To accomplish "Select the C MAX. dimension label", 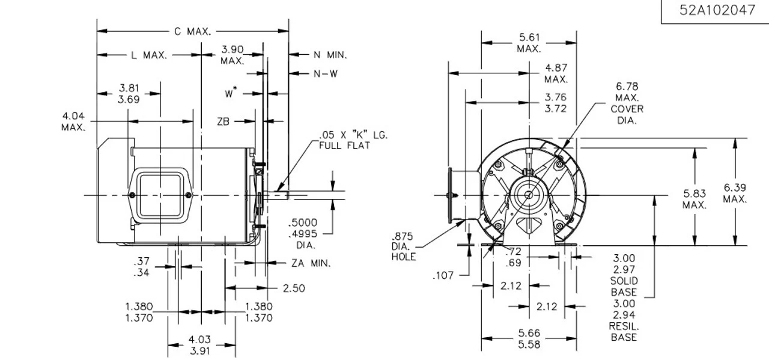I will [x=192, y=32].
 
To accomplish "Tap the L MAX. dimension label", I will [x=148, y=55].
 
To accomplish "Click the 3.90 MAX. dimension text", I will [x=232, y=55].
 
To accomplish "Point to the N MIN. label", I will [x=330, y=55].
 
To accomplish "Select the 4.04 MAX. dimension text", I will [x=73, y=121].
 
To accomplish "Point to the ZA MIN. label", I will [x=311, y=263].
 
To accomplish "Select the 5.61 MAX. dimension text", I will [x=529, y=43].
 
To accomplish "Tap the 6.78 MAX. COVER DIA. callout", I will [x=627, y=103].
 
